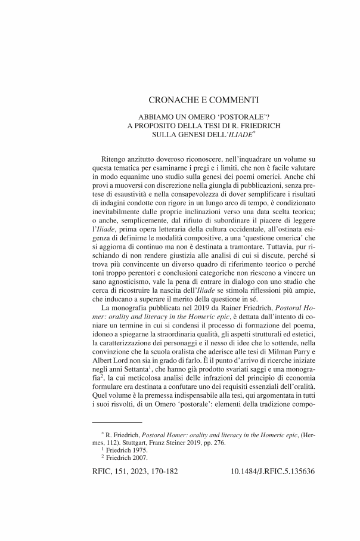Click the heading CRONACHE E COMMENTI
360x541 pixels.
point(202,100)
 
